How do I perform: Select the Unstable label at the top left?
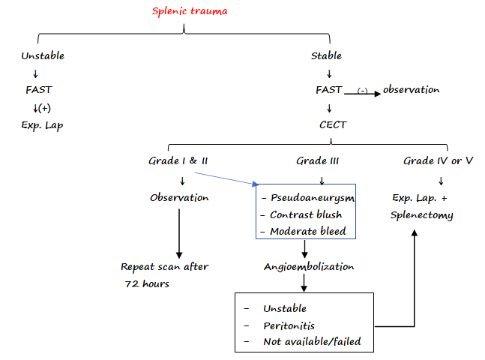tap(43, 55)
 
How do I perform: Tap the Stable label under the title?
tap(327, 55)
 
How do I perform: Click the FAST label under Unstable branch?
tap(37, 90)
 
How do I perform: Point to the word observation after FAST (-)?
tap(412, 90)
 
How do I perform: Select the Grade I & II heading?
tap(179, 161)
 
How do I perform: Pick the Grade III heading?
tap(321, 161)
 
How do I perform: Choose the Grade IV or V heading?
tap(439, 161)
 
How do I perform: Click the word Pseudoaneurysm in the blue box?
tap(312, 198)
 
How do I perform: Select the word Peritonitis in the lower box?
tap(289, 325)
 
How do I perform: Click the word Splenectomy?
tap(422, 215)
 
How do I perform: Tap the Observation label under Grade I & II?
tap(179, 198)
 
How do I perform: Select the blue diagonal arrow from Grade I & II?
tap(225, 179)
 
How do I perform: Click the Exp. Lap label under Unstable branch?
tap(43, 124)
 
